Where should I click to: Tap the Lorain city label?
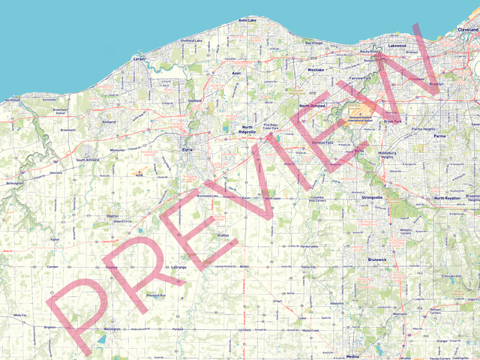(x=139, y=58)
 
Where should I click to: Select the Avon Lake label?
(x=247, y=19)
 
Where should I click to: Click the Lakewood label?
(x=397, y=46)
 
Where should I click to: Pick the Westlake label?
(x=316, y=69)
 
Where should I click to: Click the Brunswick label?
(x=376, y=259)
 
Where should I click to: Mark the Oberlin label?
(x=112, y=215)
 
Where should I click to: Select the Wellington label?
(x=112, y=329)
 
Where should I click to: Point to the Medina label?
(x=353, y=356)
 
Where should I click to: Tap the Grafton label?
(x=223, y=235)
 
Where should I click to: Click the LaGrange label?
(x=178, y=267)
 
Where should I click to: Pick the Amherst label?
(x=109, y=121)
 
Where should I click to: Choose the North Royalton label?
(x=450, y=198)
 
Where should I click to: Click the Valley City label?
(x=309, y=267)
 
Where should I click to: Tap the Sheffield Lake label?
(x=192, y=40)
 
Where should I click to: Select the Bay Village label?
(x=313, y=43)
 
